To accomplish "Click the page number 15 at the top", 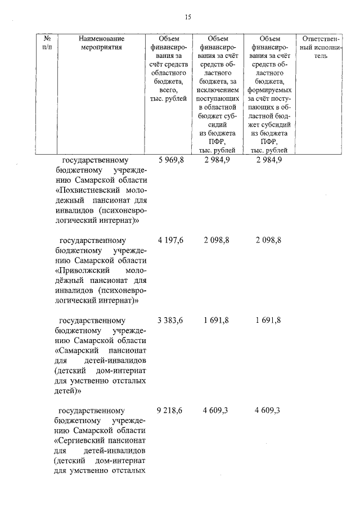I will coord(188,17).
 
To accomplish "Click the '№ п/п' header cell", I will coord(47,43).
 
